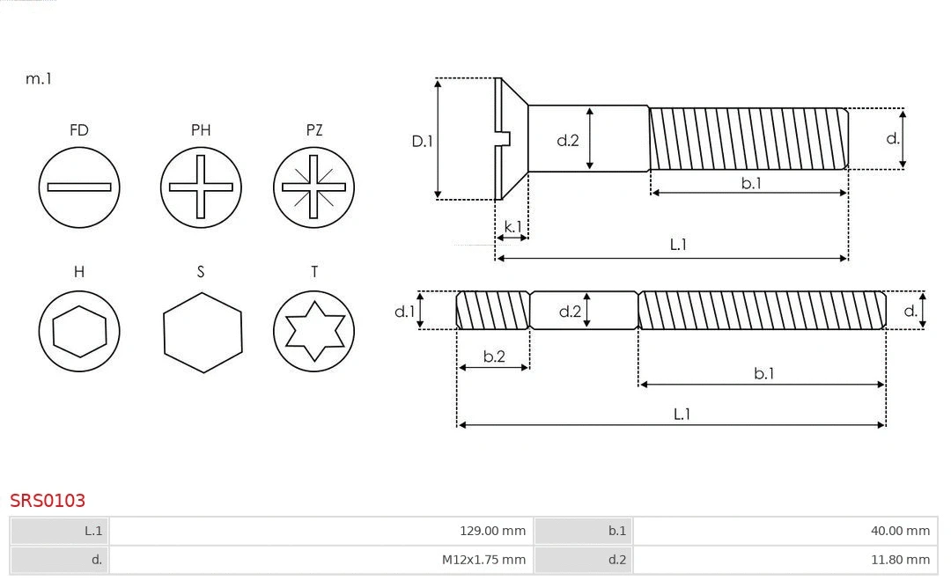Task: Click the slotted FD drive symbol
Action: pos(79,187)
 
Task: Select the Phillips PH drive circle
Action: pos(201,187)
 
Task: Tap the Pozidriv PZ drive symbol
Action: pos(313,187)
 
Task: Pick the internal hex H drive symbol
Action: pos(79,331)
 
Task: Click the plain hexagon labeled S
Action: pos(203,331)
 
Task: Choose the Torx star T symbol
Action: pos(313,331)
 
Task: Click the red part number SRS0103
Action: pos(48,501)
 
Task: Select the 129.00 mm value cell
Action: pos(321,531)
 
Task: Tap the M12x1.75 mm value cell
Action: pos(321,559)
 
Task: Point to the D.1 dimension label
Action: pos(423,140)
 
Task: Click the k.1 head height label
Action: pos(512,226)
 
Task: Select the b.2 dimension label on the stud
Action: pos(494,356)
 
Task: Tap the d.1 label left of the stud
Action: pos(403,311)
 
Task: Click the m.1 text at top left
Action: pos(39,78)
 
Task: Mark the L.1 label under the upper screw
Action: pos(678,245)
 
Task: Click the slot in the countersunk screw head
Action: pos(504,138)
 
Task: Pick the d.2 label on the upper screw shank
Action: pos(568,140)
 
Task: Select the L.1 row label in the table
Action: pos(92,531)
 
